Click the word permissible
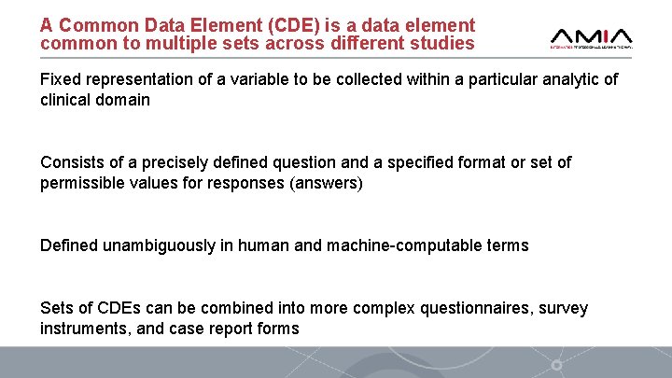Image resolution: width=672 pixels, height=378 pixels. [84, 183]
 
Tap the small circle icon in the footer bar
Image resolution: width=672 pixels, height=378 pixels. [557, 364]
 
